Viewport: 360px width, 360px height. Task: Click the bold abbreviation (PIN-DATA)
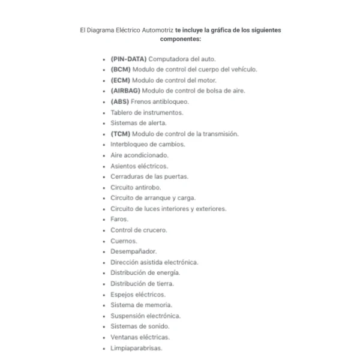128,59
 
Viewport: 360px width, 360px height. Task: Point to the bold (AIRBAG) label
125,91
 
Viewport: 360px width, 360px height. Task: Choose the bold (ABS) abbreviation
119,102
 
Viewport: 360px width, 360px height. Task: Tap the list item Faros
119,220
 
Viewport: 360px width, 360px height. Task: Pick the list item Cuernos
124,241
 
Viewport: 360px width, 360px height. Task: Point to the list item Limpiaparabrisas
137,348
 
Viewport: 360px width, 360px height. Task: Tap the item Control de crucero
139,230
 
